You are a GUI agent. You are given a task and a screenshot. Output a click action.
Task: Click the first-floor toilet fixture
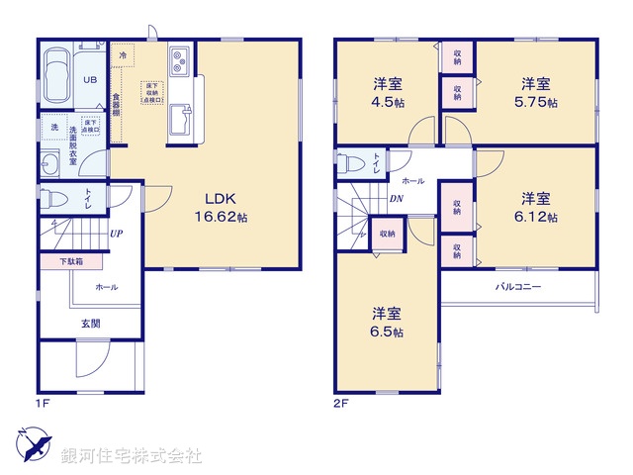tap(57, 199)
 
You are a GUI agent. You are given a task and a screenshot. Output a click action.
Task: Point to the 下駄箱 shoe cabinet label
tap(70, 261)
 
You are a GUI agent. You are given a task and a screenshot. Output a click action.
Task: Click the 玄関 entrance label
tap(90, 324)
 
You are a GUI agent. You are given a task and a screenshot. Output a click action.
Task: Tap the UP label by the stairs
tap(117, 235)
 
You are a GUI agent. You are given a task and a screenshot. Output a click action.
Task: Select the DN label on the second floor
tap(396, 199)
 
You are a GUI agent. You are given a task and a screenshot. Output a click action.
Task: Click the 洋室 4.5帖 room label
tap(388, 90)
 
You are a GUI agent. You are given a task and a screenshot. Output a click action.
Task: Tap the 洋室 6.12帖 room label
tap(538, 205)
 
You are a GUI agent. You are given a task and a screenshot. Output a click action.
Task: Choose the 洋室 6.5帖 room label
tap(387, 323)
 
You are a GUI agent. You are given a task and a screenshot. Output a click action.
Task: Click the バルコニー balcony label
tap(518, 287)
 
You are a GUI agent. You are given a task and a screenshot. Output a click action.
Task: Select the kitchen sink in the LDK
tap(181, 123)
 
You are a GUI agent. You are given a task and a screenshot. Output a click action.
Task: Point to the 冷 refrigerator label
tap(123, 55)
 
